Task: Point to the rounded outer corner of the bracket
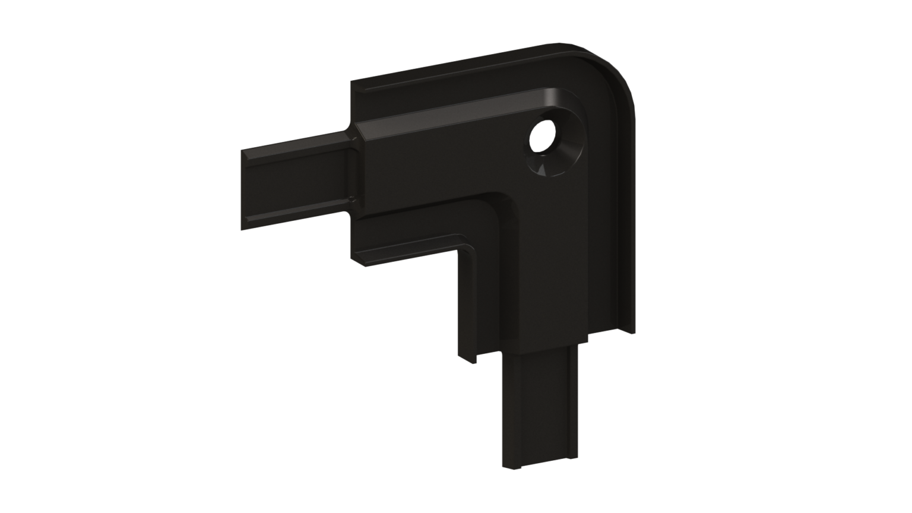pyautogui.click(x=617, y=71)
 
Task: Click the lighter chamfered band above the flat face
pyautogui.click(x=451, y=113)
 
